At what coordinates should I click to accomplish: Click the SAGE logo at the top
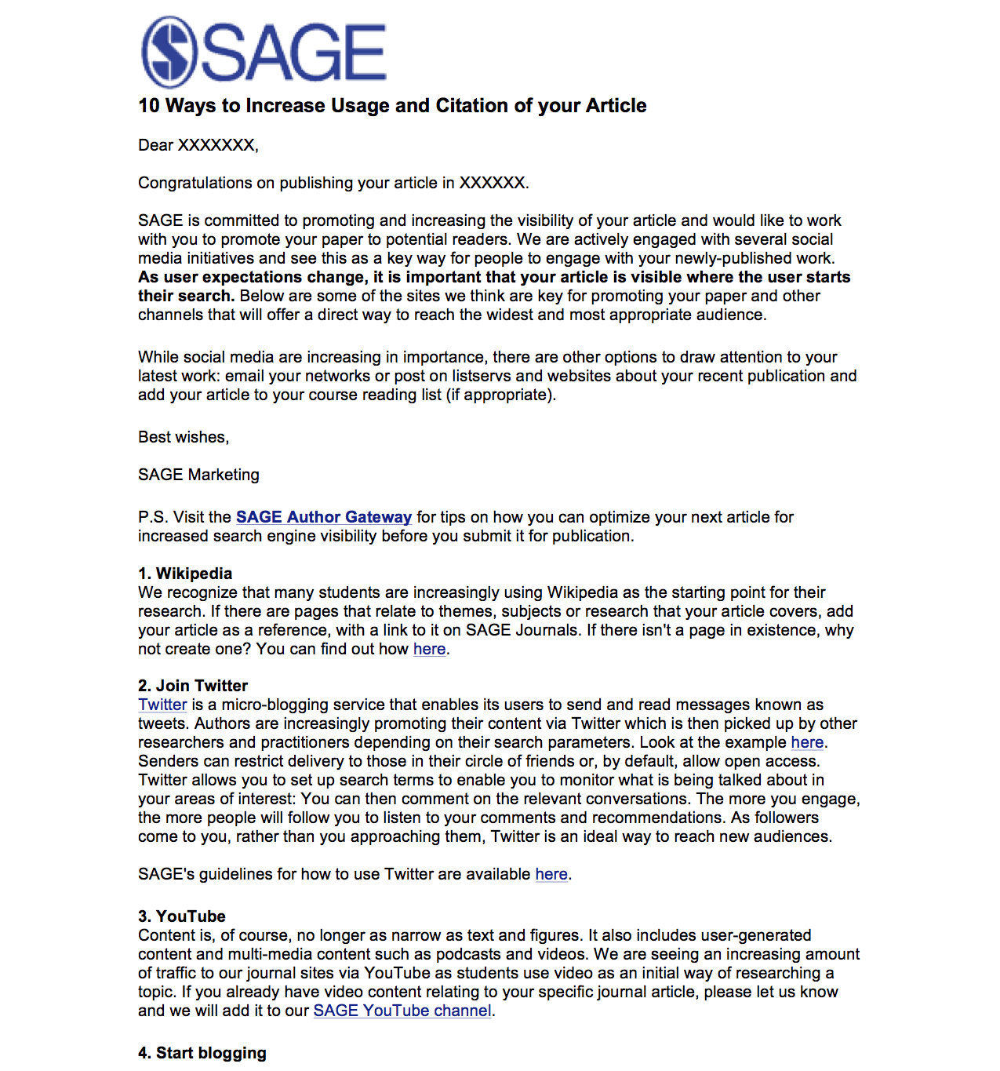pos(264,53)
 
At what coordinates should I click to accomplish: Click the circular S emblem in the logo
pos(169,53)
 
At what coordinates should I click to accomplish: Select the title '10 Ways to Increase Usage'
pos(392,106)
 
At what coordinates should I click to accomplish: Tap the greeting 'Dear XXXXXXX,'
pos(198,145)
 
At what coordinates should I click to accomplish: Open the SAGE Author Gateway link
pos(323,517)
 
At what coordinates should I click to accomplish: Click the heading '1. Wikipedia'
pos(185,574)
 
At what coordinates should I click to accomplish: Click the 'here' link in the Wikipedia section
pos(429,649)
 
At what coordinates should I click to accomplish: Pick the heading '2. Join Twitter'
pos(193,686)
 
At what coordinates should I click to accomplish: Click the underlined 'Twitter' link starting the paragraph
pos(162,705)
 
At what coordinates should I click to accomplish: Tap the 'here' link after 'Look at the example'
pos(807,742)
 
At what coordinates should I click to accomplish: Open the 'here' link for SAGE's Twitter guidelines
pos(551,874)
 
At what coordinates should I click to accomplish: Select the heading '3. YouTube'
pos(182,916)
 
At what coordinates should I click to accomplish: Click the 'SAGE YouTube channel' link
pos(402,1011)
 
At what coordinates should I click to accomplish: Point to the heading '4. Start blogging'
pos(202,1053)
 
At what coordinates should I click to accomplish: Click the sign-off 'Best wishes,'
pos(184,437)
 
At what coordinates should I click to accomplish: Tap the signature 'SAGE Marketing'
pos(198,475)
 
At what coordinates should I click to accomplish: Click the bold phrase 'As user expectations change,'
pos(252,277)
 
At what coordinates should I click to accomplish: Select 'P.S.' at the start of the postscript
pos(153,517)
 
